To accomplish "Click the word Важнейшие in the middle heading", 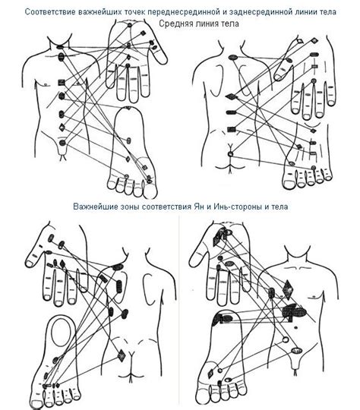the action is click(x=96, y=207).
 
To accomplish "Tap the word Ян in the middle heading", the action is click(x=198, y=207).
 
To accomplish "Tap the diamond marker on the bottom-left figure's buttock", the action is click(x=121, y=355).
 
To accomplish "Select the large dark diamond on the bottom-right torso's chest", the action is click(x=288, y=289).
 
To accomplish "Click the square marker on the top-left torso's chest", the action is click(x=62, y=82).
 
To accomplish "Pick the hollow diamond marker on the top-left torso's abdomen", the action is click(x=62, y=128).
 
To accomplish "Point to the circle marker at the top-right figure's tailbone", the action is click(x=230, y=154).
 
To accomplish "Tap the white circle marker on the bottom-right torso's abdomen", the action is click(x=286, y=340).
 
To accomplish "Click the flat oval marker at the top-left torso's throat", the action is click(x=60, y=47).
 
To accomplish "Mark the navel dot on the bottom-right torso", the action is click(x=296, y=326).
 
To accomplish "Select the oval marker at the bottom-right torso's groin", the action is click(x=297, y=350).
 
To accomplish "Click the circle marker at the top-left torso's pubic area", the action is click(x=62, y=143).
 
